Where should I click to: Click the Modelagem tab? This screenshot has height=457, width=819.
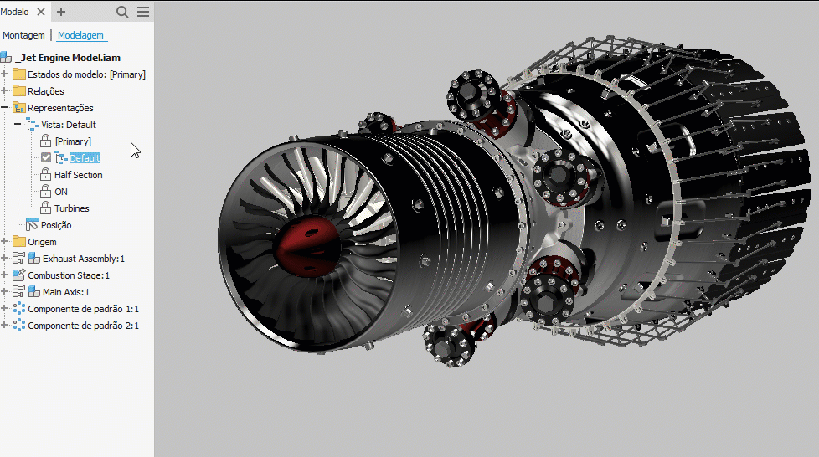pos(80,35)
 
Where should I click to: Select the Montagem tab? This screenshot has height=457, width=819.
pos(23,35)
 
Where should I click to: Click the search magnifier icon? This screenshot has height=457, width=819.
pos(122,12)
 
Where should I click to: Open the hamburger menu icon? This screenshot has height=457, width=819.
pos(143,12)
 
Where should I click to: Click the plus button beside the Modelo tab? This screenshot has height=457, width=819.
pos(61,12)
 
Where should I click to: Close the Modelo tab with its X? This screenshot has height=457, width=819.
pos(41,12)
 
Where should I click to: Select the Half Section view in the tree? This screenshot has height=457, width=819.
pos(79,175)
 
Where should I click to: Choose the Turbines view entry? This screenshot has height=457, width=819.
pos(71,208)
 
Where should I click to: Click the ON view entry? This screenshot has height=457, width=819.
pos(61,192)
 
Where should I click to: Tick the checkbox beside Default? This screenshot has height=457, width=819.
pos(46,157)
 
